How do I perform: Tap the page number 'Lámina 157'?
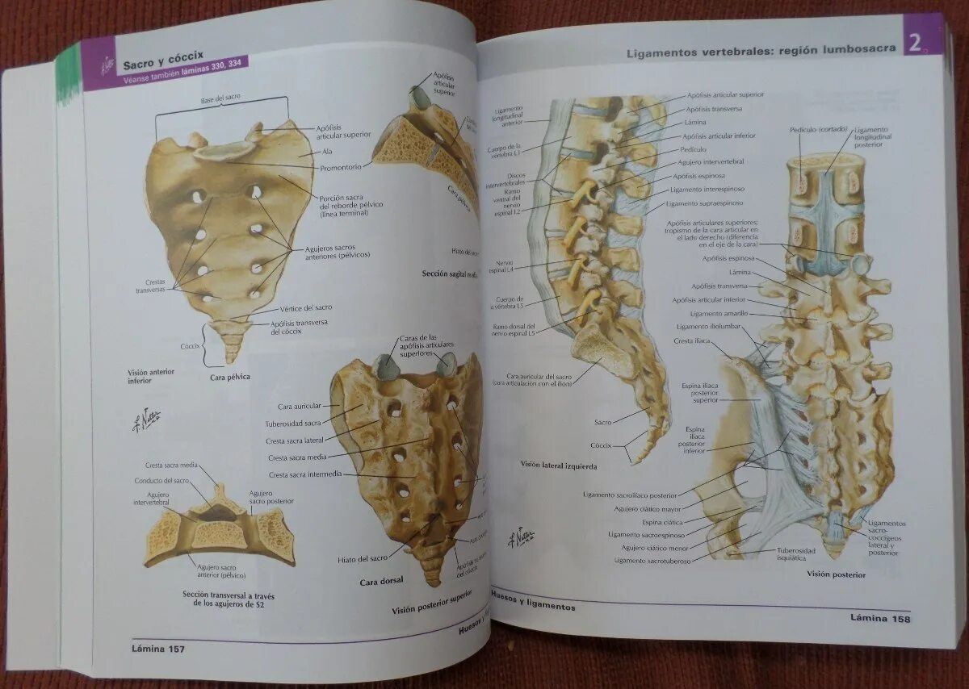(158, 649)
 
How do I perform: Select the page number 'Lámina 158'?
(880, 619)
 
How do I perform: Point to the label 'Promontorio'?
(339, 166)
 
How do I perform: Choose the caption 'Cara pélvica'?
(230, 377)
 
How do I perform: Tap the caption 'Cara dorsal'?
(382, 580)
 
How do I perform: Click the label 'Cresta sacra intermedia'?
(305, 474)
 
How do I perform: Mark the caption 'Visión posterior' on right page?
(836, 574)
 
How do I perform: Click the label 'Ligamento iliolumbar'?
(705, 327)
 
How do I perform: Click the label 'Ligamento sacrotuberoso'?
(652, 561)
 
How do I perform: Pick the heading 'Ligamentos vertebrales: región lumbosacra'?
(761, 50)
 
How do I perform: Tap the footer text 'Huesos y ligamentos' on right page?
(532, 605)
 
